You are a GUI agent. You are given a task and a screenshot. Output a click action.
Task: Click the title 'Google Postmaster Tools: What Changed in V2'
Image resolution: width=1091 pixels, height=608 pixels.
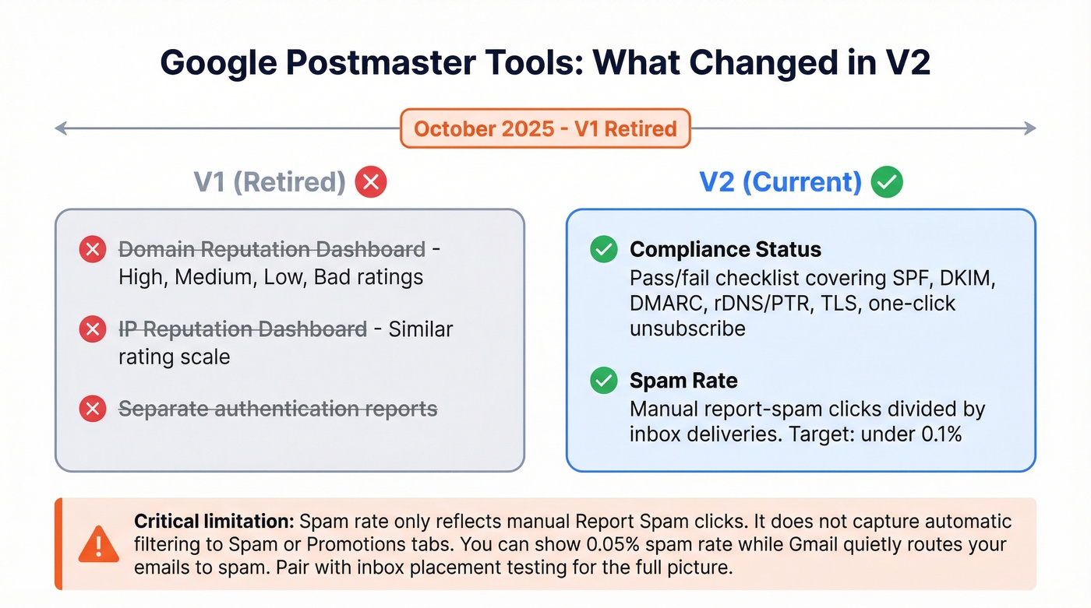(x=545, y=62)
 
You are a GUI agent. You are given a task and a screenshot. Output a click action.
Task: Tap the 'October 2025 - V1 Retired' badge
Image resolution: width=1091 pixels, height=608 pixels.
(x=545, y=128)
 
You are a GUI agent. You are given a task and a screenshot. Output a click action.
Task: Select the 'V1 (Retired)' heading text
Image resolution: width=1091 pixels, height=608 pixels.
(x=270, y=182)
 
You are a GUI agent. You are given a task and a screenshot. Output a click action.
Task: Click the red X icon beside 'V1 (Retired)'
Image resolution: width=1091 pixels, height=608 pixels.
(x=370, y=182)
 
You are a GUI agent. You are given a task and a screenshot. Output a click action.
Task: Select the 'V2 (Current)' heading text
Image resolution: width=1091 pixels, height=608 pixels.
(x=780, y=182)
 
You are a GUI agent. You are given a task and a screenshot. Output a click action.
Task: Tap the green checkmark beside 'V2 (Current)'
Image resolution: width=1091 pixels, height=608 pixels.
(x=887, y=182)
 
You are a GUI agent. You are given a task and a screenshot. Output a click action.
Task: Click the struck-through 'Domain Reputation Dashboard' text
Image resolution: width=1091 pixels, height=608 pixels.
(x=272, y=250)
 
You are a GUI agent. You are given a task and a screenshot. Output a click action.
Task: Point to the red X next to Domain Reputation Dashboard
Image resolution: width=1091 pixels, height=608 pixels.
(x=93, y=250)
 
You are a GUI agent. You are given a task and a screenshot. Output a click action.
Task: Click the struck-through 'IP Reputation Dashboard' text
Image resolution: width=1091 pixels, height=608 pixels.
(x=242, y=329)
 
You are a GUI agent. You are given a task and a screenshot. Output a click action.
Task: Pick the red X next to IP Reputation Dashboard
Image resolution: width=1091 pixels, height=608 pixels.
(x=93, y=329)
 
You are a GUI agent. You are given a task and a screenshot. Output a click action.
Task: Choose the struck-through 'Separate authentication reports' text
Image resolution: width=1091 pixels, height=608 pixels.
(x=277, y=409)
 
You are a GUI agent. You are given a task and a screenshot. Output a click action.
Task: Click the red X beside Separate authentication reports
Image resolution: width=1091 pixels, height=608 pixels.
(x=93, y=409)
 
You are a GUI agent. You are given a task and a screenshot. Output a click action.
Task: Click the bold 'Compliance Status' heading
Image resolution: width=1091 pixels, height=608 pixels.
(x=726, y=250)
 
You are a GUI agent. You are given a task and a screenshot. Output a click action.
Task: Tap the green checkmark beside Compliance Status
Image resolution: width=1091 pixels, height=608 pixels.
(x=603, y=250)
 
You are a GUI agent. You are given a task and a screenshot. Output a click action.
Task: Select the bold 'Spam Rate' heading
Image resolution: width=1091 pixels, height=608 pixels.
(x=683, y=381)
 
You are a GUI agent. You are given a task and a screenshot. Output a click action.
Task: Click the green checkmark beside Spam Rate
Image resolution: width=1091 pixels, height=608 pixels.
(x=603, y=381)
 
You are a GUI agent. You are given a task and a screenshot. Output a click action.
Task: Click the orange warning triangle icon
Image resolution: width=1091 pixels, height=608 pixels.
(x=99, y=544)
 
